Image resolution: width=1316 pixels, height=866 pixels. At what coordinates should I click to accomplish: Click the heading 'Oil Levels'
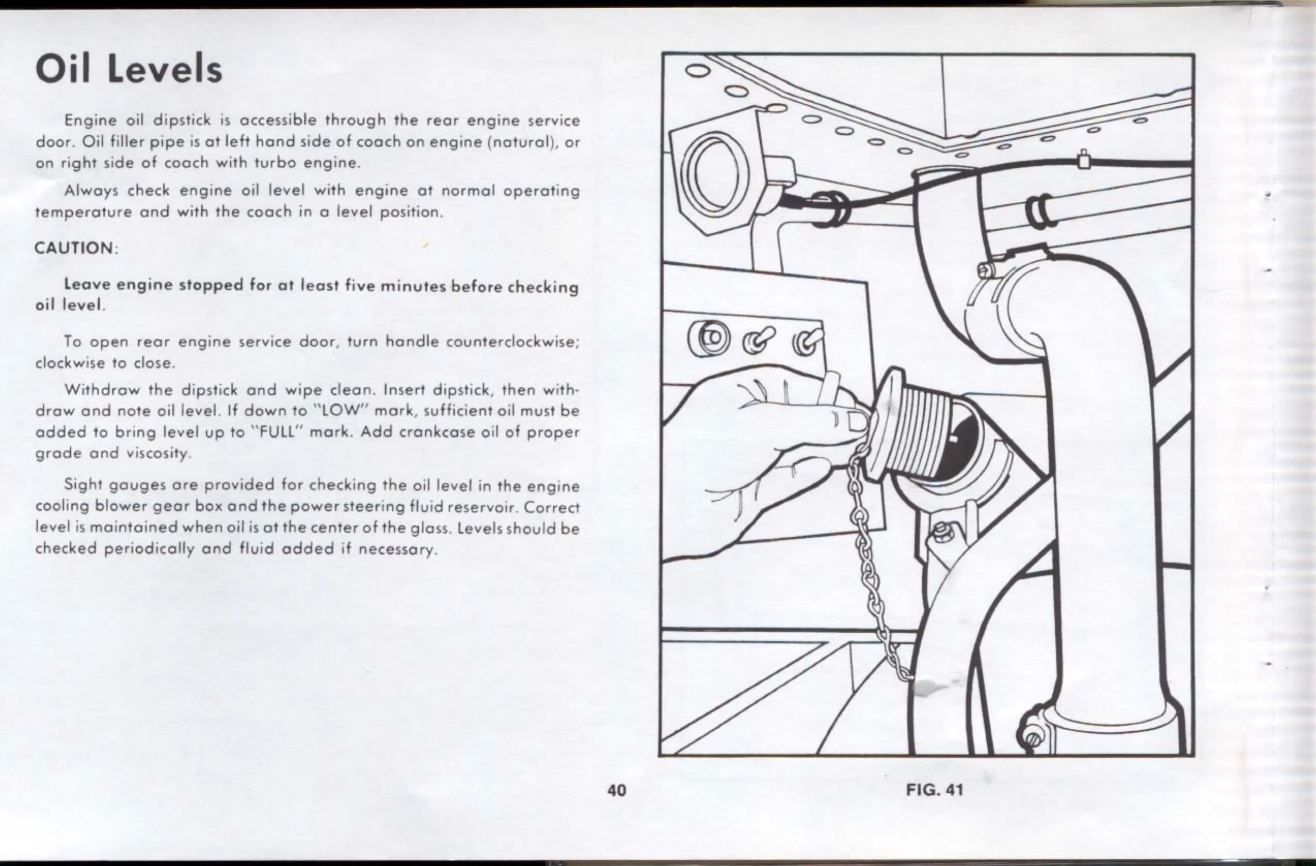pos(129,70)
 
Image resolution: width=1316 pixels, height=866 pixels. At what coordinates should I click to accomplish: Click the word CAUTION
pos(74,248)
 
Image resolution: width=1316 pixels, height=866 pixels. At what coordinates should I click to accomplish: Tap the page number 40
pos(617,790)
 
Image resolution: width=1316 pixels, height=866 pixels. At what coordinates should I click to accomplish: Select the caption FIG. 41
pos(935,790)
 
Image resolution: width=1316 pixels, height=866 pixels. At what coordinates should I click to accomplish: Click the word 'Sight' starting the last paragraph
pos(83,485)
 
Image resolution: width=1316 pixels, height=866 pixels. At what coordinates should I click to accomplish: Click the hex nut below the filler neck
pos(939,534)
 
